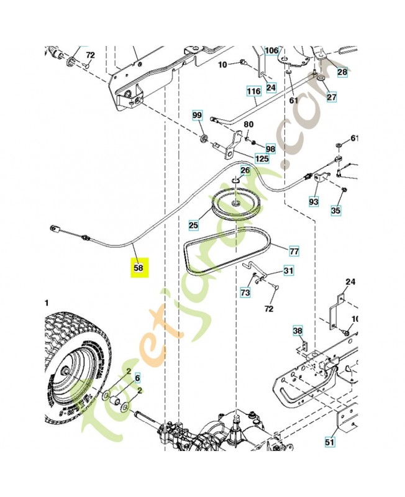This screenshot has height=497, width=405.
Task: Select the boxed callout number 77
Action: pyautogui.click(x=294, y=251)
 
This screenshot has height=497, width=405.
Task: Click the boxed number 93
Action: pyautogui.click(x=313, y=202)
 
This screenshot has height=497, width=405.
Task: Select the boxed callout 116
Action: pyautogui.click(x=253, y=91)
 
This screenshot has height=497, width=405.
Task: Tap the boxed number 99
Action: pyautogui.click(x=197, y=116)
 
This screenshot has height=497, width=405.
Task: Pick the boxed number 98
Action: pyautogui.click(x=270, y=149)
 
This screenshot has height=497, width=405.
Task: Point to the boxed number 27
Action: pyautogui.click(x=331, y=97)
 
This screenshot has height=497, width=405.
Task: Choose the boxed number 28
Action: pyautogui.click(x=342, y=72)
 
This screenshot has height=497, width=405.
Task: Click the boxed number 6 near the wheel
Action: pyautogui.click(x=138, y=377)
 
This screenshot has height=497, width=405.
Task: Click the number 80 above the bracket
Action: pyautogui.click(x=248, y=124)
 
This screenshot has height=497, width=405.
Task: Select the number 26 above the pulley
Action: pyautogui.click(x=245, y=170)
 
